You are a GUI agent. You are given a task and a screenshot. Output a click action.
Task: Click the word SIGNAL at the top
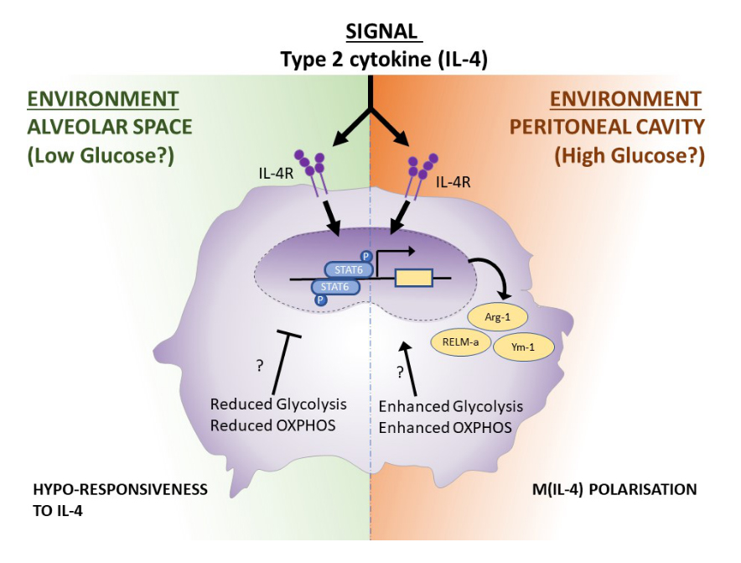tap(382, 32)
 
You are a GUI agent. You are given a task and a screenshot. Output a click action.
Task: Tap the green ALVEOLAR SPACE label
tap(110, 128)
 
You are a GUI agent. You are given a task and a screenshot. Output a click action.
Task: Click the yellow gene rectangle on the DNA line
tap(413, 278)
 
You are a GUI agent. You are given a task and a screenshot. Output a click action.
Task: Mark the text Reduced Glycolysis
tap(278, 404)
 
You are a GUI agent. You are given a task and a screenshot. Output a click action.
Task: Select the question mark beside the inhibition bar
tap(261, 365)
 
